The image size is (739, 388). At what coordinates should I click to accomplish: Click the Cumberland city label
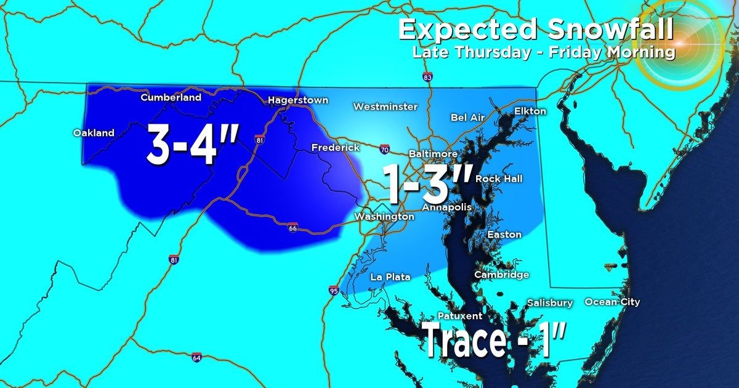pyautogui.click(x=171, y=97)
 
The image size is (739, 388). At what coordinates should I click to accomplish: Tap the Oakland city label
pyautogui.click(x=94, y=133)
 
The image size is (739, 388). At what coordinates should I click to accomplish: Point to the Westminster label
pyautogui.click(x=385, y=107)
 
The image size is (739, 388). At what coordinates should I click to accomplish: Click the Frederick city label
pyautogui.click(x=335, y=148)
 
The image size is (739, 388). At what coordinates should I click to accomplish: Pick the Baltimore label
pyautogui.click(x=433, y=153)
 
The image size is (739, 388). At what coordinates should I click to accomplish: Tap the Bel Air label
pyautogui.click(x=467, y=117)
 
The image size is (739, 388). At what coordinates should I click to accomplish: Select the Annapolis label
pyautogui.click(x=446, y=208)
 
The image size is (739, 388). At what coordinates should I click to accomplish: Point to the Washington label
pyautogui.click(x=384, y=217)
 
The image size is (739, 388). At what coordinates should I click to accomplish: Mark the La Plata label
pyautogui.click(x=390, y=277)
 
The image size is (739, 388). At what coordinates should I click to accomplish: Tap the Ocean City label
pyautogui.click(x=612, y=302)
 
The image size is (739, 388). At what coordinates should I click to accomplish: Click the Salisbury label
pyautogui.click(x=549, y=303)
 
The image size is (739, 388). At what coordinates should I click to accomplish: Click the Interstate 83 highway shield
pyautogui.click(x=427, y=78)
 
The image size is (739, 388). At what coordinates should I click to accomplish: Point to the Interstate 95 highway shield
pyautogui.click(x=333, y=290)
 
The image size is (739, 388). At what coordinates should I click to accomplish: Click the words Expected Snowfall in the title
pyautogui.click(x=535, y=30)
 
